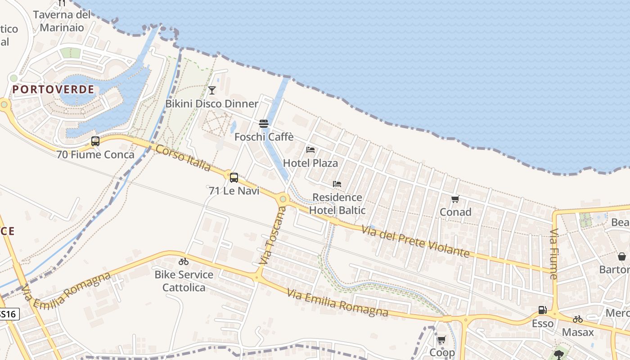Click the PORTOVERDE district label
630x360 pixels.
click(x=53, y=90)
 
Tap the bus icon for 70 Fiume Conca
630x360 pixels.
click(x=95, y=141)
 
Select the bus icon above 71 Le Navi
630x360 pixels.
click(x=234, y=177)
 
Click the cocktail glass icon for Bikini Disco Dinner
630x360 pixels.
click(x=212, y=90)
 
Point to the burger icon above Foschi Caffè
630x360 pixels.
click(x=264, y=124)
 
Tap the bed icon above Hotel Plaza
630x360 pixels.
click(x=310, y=150)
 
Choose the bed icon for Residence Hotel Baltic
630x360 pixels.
click(x=337, y=184)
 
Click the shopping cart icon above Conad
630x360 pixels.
click(x=455, y=199)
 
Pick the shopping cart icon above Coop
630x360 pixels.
click(x=441, y=340)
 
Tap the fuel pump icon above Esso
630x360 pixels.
click(x=542, y=310)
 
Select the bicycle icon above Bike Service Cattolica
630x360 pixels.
click(x=184, y=261)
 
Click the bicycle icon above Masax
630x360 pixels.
click(x=578, y=319)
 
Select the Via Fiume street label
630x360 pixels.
click(x=553, y=254)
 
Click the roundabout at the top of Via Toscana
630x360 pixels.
click(x=283, y=198)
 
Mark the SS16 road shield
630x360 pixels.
click(x=8, y=314)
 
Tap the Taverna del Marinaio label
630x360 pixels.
click(x=62, y=21)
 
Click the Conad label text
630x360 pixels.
click(x=455, y=212)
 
